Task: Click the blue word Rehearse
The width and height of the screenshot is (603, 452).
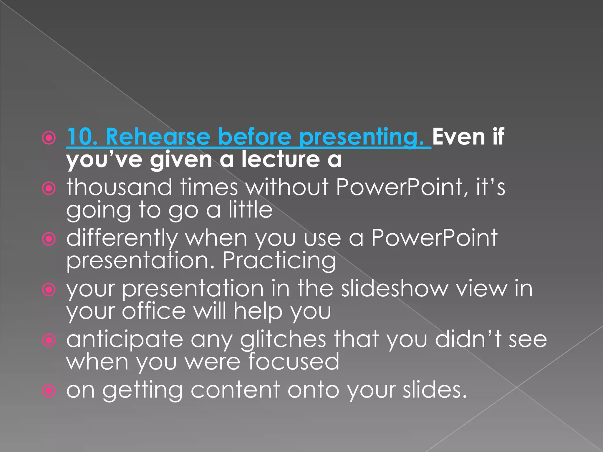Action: [158, 137]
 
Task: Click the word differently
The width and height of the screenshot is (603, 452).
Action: [122, 238]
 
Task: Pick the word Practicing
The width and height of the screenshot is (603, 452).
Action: [279, 260]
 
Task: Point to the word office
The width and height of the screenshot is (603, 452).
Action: [154, 311]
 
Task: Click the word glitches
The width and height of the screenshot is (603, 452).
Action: [283, 339]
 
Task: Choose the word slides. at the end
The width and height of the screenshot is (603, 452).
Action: [435, 390]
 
